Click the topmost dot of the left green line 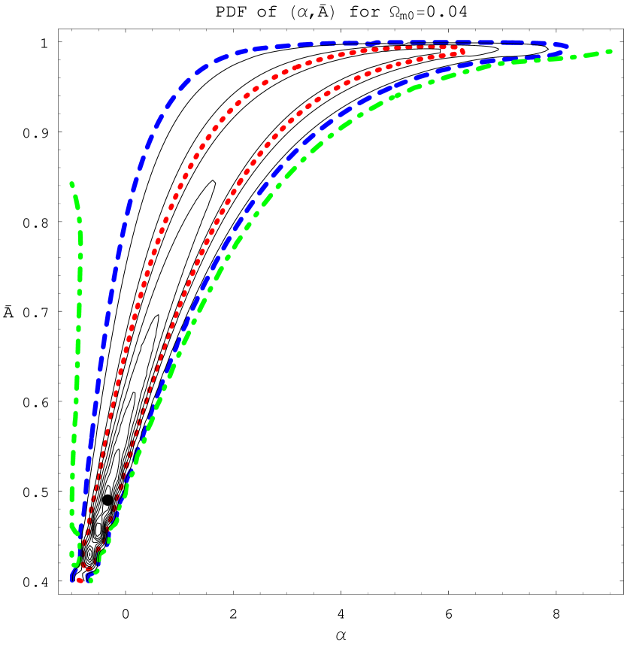(x=71, y=183)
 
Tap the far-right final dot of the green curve (x=609, y=52)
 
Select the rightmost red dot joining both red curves (x=463, y=52)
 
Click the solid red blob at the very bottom (x=80, y=580)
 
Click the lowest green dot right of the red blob (x=91, y=580)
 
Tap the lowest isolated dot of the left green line (x=72, y=553)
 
